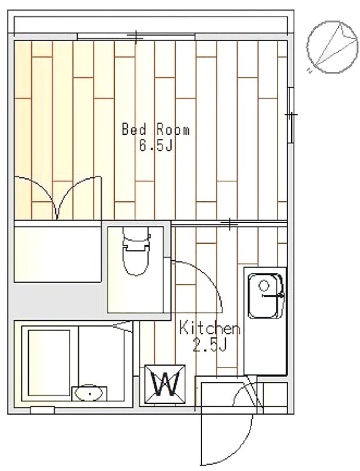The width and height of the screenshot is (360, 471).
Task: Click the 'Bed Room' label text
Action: [x=156, y=130]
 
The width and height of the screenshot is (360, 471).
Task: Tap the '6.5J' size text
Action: [x=156, y=146]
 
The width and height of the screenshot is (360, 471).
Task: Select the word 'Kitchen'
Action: [x=209, y=328]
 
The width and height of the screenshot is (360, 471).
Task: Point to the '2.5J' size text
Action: [x=209, y=346]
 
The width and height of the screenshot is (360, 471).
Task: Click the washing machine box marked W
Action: [x=165, y=384]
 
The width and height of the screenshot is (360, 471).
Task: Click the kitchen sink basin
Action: [x=265, y=296]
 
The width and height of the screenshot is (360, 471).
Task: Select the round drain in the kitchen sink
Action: [x=264, y=286]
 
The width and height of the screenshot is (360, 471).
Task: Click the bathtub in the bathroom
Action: [x=49, y=363]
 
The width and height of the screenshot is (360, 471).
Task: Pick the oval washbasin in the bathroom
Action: [x=89, y=393]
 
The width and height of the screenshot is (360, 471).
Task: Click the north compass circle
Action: [x=333, y=47]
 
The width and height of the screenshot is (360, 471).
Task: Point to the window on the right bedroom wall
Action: [x=291, y=115]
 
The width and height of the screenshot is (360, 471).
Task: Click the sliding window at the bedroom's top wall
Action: [x=136, y=37]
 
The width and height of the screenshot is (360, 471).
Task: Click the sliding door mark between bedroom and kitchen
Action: [x=229, y=224]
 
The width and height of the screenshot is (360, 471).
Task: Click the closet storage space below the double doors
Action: [x=58, y=254]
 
